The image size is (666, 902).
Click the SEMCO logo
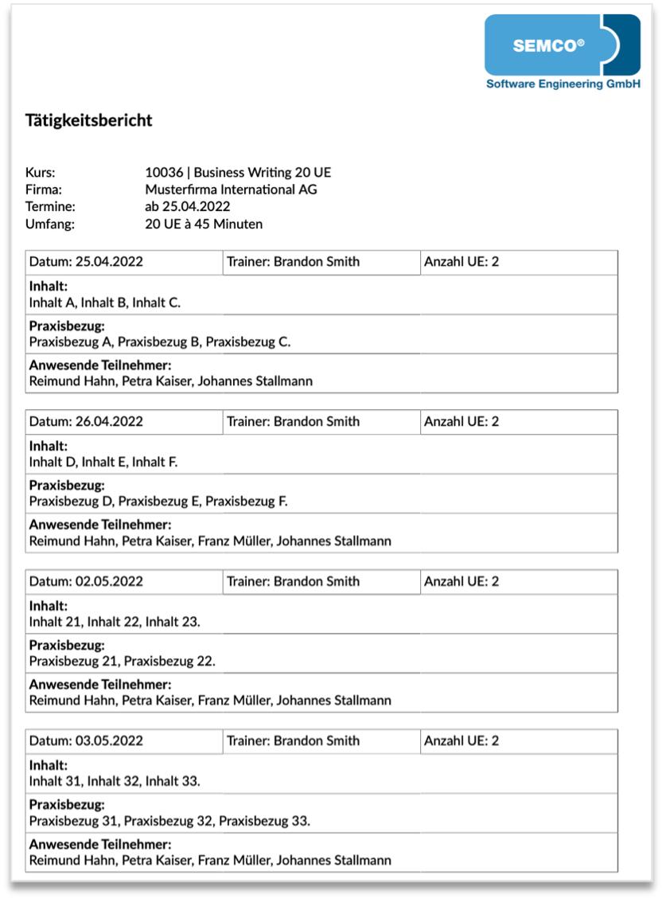[562, 46]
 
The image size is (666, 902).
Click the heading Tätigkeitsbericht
[88, 121]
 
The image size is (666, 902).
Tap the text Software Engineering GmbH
[563, 84]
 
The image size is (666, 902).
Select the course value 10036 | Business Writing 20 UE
[238, 172]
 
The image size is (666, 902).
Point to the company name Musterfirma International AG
[231, 189]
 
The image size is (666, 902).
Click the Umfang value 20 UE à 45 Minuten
[204, 224]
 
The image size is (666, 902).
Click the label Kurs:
[41, 172]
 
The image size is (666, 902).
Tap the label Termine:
[50, 207]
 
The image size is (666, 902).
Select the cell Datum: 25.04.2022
[87, 262]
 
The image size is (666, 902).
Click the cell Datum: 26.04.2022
[87, 422]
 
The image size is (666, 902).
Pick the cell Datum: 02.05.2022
[87, 581]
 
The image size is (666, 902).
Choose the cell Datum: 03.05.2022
[87, 740]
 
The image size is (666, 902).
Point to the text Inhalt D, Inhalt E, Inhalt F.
[103, 462]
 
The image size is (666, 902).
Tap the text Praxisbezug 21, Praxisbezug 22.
[123, 661]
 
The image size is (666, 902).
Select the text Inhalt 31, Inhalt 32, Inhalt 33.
[115, 780]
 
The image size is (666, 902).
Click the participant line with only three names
[170, 381]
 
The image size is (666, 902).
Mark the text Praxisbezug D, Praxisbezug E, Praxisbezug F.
[158, 502]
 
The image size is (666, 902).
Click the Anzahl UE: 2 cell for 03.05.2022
[462, 740]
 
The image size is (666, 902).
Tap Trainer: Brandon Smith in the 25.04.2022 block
[293, 262]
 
